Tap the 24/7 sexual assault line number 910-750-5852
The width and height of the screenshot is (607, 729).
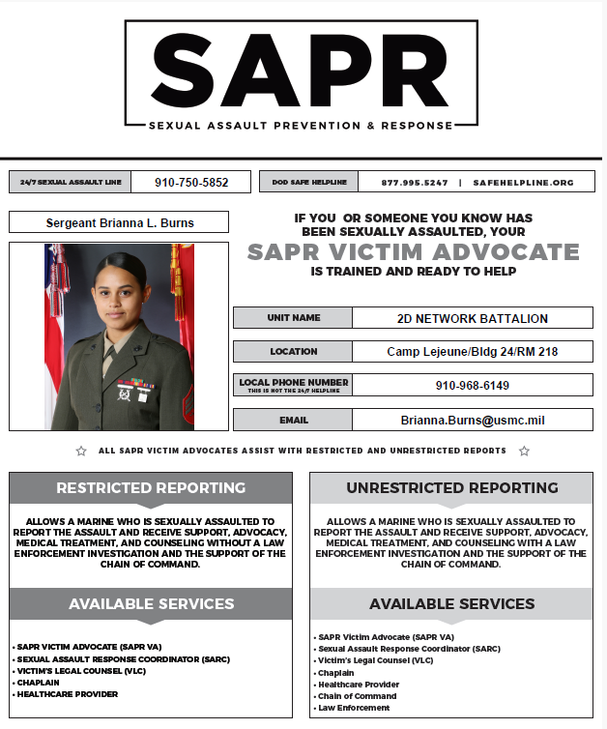pyautogui.click(x=190, y=182)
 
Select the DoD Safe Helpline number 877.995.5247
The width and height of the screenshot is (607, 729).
pyautogui.click(x=415, y=182)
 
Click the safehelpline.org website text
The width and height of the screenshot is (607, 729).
pyautogui.click(x=523, y=182)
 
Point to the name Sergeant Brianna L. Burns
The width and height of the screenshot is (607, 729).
pyautogui.click(x=119, y=222)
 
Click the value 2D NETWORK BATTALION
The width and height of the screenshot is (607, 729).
pyautogui.click(x=472, y=318)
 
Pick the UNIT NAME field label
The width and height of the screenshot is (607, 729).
pyautogui.click(x=293, y=318)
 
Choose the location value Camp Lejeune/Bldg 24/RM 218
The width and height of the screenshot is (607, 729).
pyautogui.click(x=472, y=352)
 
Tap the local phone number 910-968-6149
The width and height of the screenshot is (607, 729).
pyautogui.click(x=472, y=386)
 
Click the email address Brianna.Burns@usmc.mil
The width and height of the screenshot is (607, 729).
pyautogui.click(x=472, y=421)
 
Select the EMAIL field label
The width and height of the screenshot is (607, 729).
pyautogui.click(x=293, y=421)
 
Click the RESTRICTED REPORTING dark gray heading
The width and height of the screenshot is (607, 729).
pyautogui.click(x=151, y=487)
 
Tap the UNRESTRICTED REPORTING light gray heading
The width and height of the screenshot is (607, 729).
pyautogui.click(x=451, y=488)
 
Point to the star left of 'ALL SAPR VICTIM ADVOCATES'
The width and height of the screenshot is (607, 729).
pyautogui.click(x=81, y=452)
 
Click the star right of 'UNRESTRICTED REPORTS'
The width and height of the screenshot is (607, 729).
pyautogui.click(x=524, y=452)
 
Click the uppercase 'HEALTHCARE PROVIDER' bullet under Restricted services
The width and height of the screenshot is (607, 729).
pyautogui.click(x=67, y=694)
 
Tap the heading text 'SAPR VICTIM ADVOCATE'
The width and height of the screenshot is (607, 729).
pyautogui.click(x=413, y=252)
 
